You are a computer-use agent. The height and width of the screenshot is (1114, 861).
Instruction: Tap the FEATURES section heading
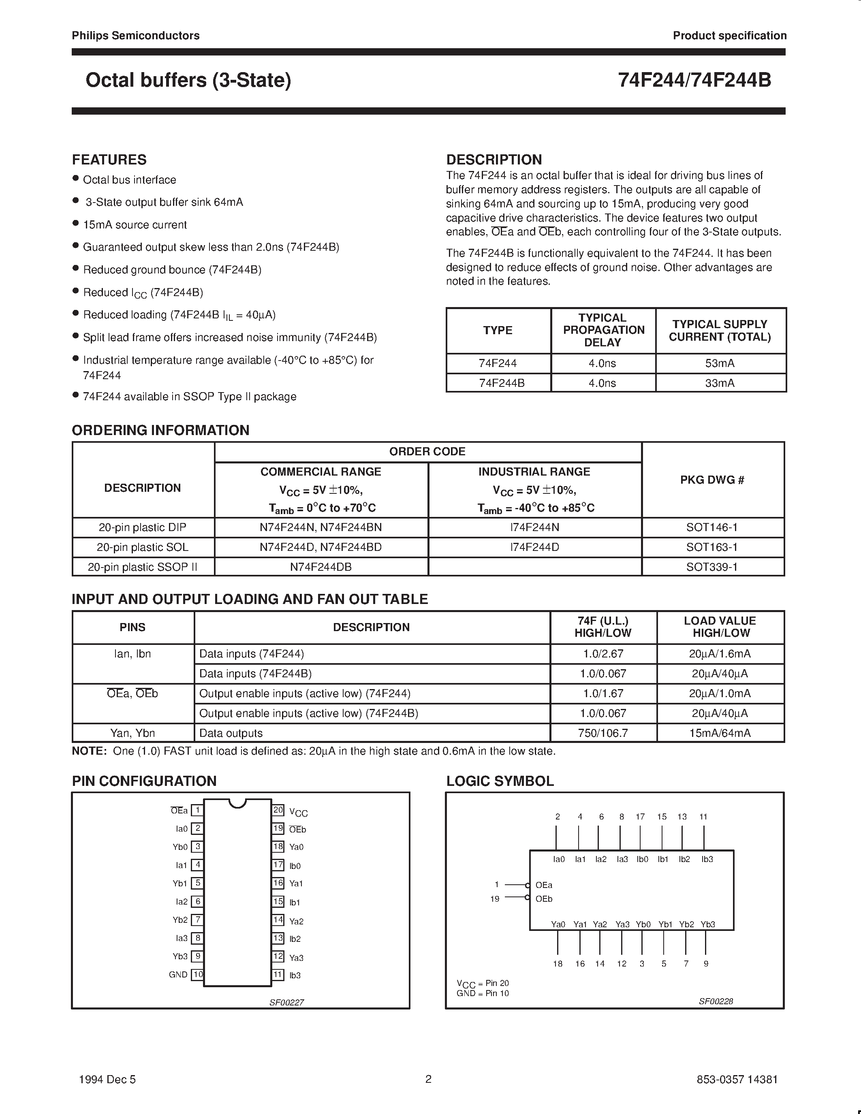coord(109,160)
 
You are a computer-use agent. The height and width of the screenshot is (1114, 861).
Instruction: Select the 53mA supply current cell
coord(720,363)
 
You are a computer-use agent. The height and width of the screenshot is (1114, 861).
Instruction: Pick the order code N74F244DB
coord(321,567)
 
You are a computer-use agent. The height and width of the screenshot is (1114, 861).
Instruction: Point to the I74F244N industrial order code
coord(534,527)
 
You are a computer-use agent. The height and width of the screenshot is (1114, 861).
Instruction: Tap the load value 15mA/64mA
coord(720,733)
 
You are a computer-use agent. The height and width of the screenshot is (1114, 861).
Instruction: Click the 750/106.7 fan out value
coord(603,733)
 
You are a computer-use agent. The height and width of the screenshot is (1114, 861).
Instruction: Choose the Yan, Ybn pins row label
coord(132,733)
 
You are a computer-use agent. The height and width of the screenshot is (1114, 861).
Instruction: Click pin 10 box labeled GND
coord(197,974)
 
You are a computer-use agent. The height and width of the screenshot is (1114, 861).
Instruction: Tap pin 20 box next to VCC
coord(278,810)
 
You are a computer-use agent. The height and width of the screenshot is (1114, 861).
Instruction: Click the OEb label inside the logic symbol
coord(544,899)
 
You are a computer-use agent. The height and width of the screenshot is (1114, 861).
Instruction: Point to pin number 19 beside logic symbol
coord(495,899)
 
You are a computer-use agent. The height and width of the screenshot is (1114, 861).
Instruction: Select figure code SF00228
coord(716,1001)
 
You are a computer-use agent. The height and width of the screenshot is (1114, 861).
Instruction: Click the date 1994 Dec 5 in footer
coord(108,1079)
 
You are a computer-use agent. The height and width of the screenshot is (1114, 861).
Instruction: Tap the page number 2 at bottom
coord(428,1079)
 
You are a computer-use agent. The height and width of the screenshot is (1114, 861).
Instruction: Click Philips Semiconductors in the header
coord(136,36)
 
